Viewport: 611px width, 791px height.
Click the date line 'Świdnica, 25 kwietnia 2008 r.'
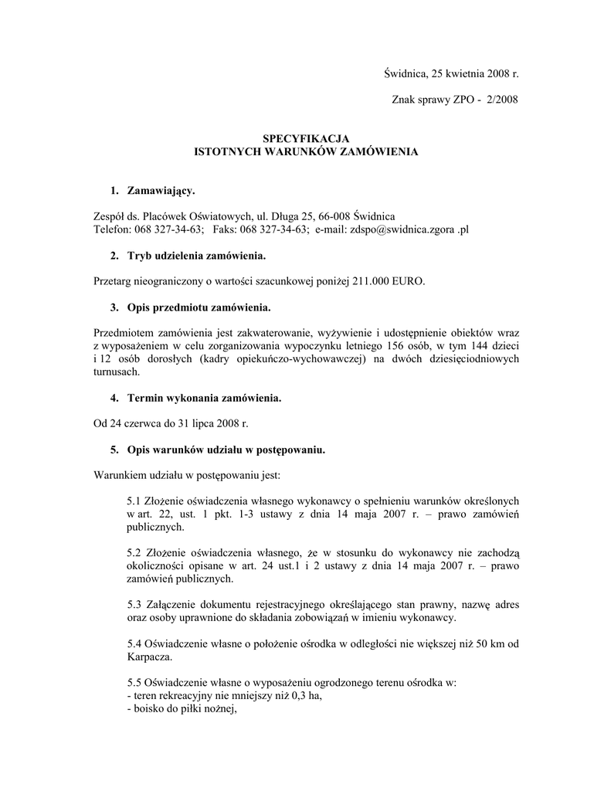click(451, 73)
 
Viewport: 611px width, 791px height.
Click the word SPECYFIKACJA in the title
click(305, 138)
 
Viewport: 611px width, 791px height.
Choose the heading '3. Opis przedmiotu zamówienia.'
click(189, 307)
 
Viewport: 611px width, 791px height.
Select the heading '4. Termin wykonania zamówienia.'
click(195, 399)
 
